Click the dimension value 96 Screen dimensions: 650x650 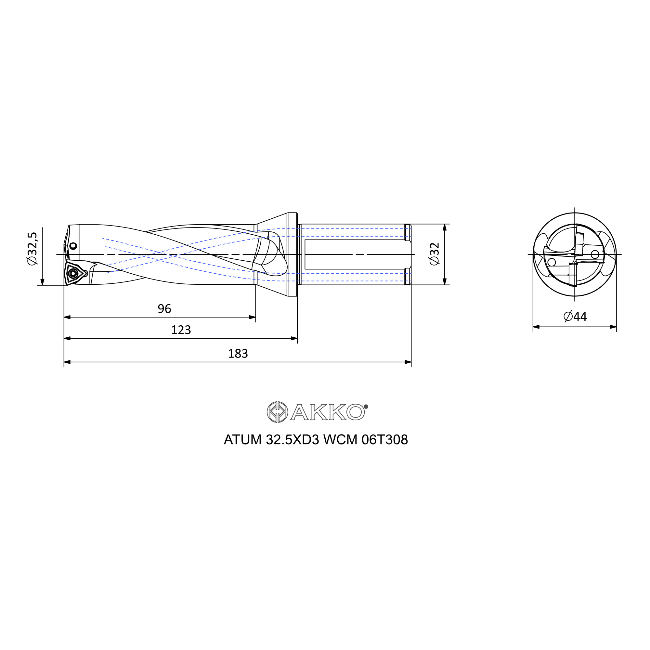(x=164, y=309)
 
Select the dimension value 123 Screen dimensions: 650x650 (x=181, y=330)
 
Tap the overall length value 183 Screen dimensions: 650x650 (x=238, y=354)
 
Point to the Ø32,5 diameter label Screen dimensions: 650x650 (x=32, y=249)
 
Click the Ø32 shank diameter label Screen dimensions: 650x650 (x=435, y=254)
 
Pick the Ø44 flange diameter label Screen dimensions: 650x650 (x=575, y=317)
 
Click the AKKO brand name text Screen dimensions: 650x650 (x=328, y=412)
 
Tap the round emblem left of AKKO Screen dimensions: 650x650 (x=277, y=412)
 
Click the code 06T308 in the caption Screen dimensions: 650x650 (x=384, y=440)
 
